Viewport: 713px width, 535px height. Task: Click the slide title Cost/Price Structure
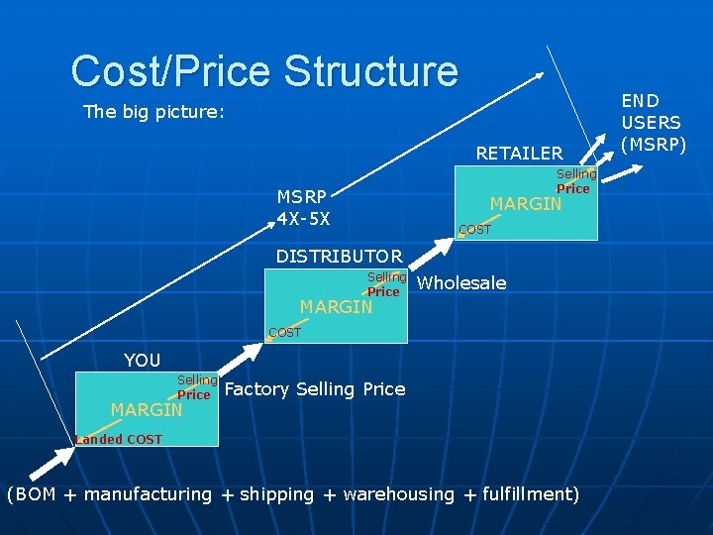coord(264,71)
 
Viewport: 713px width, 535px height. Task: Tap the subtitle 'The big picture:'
coord(153,112)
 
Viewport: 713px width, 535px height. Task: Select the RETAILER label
coord(519,154)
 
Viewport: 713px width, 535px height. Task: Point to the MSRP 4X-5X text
coord(304,207)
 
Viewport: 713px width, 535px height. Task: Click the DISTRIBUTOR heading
coord(339,257)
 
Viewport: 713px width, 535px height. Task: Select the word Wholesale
coord(461,283)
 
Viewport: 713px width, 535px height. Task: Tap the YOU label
coord(142,360)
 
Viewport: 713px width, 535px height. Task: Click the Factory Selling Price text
coord(315,389)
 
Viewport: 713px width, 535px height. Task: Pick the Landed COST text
coord(119,439)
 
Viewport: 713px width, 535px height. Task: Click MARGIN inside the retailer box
coord(526,204)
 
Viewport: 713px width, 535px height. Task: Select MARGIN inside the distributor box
coord(336,307)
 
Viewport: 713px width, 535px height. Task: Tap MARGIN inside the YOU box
coord(147,409)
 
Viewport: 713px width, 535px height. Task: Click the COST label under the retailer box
coord(474,230)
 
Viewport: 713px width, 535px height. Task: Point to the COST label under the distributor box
coord(284,333)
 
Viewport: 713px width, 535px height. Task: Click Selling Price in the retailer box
coord(575,181)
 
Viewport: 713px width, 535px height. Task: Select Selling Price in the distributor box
coord(386,284)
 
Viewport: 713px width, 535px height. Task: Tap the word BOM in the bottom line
coord(36,494)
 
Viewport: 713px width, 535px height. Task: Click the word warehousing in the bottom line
coord(398,494)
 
